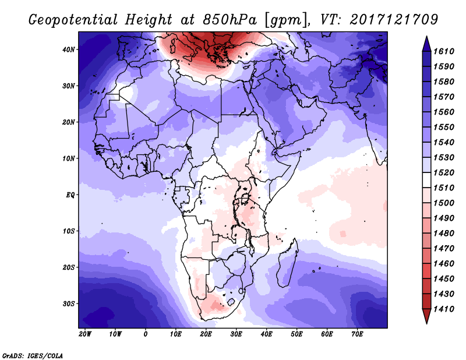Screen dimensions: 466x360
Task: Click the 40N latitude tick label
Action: point(69,50)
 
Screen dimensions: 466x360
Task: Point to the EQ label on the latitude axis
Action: point(70,195)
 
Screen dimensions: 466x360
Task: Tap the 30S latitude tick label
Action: point(69,304)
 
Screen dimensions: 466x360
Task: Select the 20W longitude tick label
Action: point(85,334)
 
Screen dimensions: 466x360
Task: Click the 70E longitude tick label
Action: point(357,334)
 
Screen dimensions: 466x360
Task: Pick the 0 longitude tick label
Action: point(145,334)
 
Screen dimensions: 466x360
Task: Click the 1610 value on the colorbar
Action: point(444,51)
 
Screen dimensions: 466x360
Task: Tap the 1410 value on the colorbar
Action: point(444,309)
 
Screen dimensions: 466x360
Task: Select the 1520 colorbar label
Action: point(444,172)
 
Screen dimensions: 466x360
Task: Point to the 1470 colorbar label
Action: point(444,249)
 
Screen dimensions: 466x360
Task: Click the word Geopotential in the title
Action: point(73,20)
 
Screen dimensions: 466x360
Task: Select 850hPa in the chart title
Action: point(230,20)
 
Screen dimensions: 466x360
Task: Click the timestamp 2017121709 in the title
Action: point(394,20)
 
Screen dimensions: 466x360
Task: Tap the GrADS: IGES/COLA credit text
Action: point(33,356)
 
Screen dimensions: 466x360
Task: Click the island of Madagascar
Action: point(287,264)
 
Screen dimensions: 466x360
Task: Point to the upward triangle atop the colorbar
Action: point(426,44)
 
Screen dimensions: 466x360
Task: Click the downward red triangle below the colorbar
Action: point(426,316)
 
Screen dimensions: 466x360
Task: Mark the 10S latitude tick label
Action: point(69,231)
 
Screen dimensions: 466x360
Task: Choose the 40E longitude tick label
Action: point(266,334)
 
